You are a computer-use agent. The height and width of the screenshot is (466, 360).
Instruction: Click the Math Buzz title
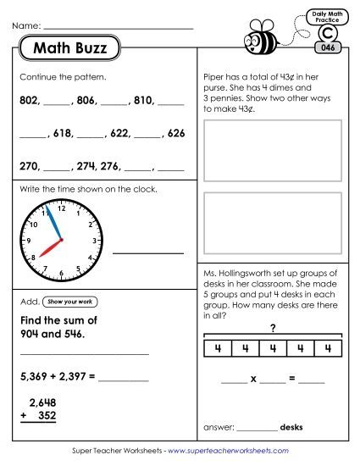coord(70,49)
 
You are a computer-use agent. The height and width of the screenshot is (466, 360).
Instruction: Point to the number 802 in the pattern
coord(29,100)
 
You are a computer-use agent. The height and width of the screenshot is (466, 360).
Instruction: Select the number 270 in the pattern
coord(29,166)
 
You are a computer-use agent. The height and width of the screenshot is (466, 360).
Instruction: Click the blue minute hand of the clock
coord(53,224)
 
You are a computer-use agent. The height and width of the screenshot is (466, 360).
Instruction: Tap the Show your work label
coord(69,302)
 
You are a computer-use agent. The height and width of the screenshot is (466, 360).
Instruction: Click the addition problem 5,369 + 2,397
coord(55,374)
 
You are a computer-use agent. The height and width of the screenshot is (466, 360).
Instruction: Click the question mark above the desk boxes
coord(273,328)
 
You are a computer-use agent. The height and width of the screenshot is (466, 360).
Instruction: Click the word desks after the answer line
coord(292,427)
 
